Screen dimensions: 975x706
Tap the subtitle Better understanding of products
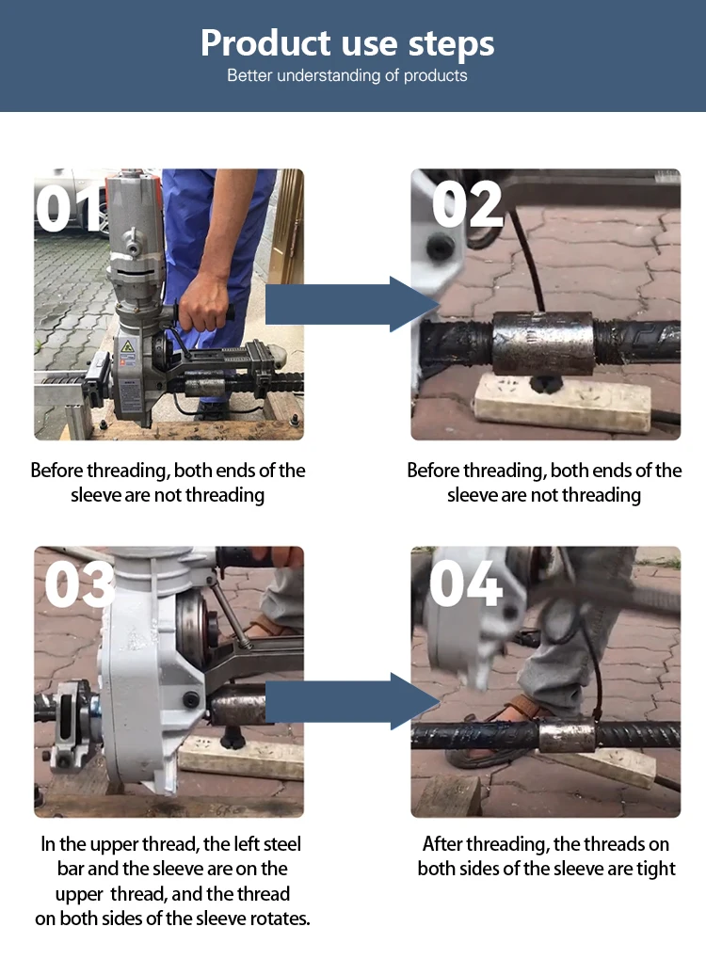(347, 75)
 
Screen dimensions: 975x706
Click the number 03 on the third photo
(80, 585)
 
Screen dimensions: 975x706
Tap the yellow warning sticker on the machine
(127, 348)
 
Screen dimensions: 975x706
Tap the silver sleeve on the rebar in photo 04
(567, 735)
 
